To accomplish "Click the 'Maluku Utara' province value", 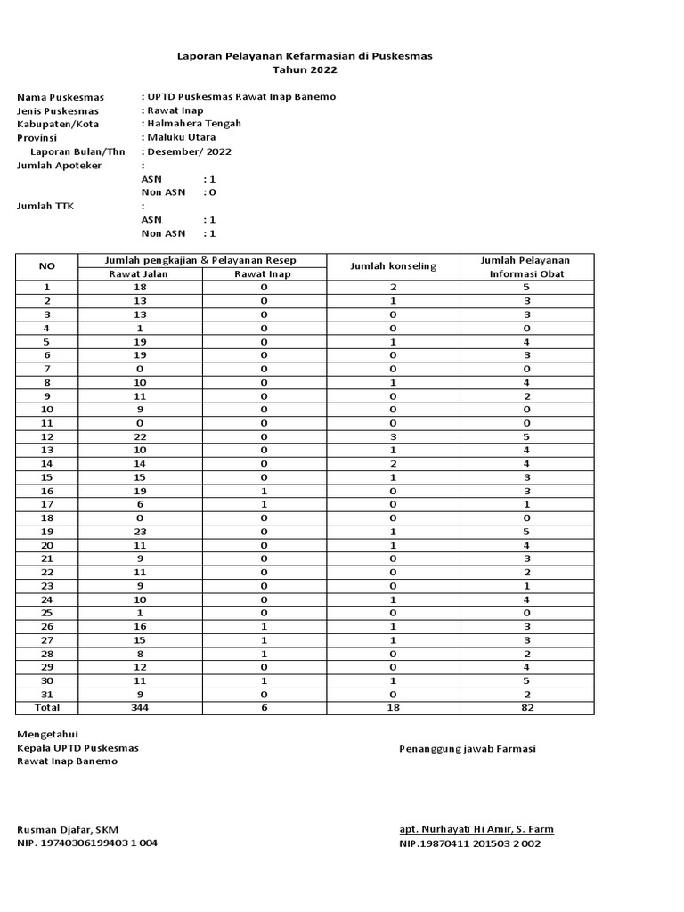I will pos(181,138).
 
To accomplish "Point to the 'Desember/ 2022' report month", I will pos(189,151).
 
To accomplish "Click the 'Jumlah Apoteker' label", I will pos(60,166).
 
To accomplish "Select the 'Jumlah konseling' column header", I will pos(393,266).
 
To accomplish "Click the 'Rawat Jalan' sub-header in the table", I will pos(139,274).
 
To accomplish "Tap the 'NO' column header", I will pos(47,266).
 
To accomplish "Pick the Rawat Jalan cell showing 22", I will pos(139,437).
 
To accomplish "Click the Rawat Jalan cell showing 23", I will pos(139,532).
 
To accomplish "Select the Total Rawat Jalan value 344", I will pos(139,707).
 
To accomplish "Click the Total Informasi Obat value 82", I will pos(526,707).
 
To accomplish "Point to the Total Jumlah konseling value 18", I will pos(393,707).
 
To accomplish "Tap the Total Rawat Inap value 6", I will pos(264,707).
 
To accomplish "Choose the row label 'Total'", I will pos(47,707).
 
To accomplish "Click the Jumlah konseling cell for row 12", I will pos(393,437).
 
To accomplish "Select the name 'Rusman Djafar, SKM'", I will pos(68,830).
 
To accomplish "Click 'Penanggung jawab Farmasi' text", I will pos(467,749).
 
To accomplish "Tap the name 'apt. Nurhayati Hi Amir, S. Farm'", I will pos(476,830).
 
